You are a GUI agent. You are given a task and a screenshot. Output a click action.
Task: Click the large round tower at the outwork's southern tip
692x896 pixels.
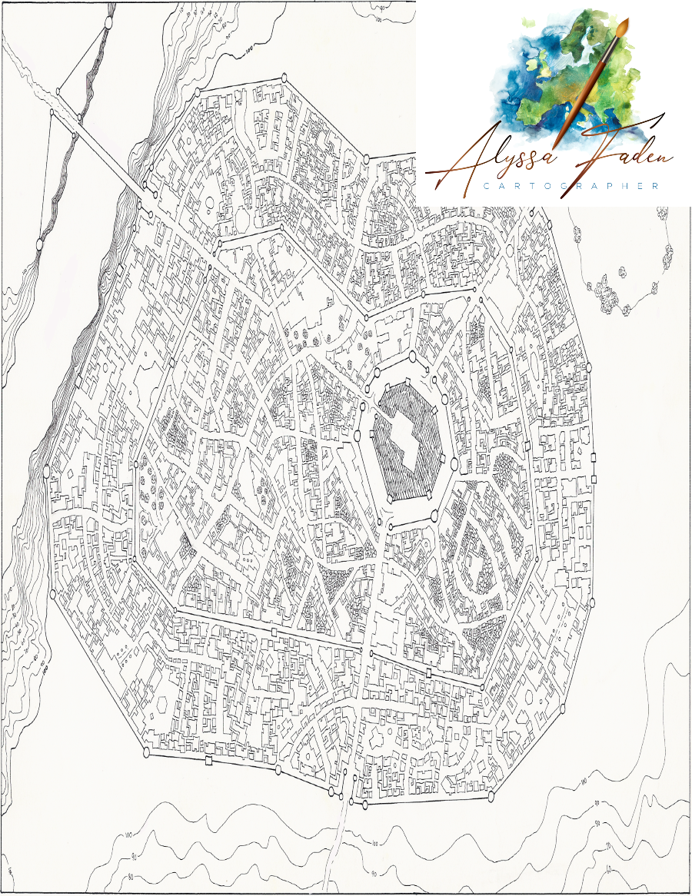[x=39, y=244]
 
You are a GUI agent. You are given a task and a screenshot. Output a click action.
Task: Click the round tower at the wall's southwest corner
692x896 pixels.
[x=146, y=750]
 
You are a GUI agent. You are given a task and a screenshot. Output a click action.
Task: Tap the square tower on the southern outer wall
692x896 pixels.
[x=208, y=762]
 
